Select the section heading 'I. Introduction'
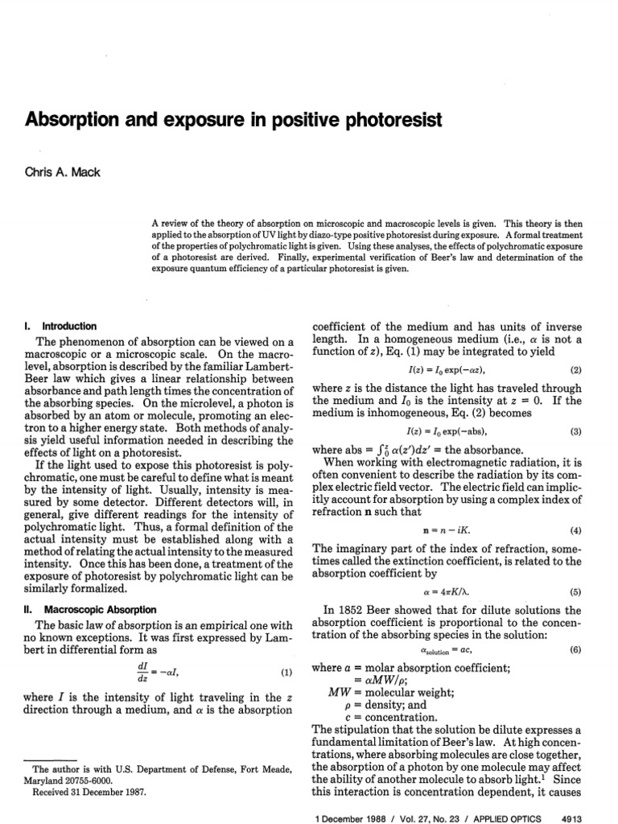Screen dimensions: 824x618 pos(62,326)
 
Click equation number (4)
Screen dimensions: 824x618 pos(575,532)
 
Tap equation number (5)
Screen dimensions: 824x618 pos(575,592)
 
